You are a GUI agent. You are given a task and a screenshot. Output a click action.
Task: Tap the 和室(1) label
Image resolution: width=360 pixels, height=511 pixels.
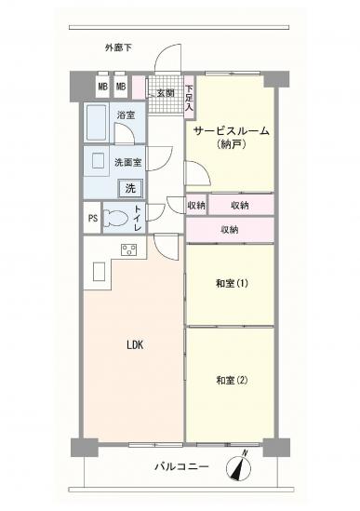[x=228, y=283]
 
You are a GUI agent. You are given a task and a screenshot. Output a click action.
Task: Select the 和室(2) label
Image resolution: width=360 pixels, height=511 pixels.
[x=228, y=380]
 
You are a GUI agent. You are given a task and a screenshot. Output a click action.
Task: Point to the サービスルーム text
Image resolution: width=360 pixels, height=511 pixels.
[x=231, y=131]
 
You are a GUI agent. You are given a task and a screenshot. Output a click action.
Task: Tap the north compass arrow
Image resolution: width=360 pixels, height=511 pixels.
[x=244, y=470]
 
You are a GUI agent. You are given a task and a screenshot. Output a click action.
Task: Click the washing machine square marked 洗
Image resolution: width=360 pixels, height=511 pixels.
[x=130, y=188]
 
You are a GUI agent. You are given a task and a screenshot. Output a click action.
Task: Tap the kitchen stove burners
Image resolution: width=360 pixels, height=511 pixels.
[x=128, y=249]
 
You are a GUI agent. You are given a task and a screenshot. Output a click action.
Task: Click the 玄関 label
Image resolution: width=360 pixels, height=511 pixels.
[x=166, y=93]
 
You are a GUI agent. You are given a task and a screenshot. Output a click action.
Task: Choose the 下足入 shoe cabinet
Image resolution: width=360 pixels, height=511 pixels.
[x=188, y=98]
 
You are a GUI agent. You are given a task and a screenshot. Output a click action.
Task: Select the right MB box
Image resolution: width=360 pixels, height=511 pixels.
[x=121, y=87]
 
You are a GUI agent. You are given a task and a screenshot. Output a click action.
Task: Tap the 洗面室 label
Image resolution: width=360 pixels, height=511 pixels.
[x=127, y=162]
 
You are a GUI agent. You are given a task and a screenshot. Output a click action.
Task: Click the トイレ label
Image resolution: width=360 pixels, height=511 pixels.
[x=138, y=220]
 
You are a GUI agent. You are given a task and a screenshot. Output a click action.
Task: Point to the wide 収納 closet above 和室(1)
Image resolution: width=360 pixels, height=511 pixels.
[x=230, y=228]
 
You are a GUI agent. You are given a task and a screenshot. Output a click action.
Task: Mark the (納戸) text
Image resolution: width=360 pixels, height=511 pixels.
[x=230, y=145]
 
